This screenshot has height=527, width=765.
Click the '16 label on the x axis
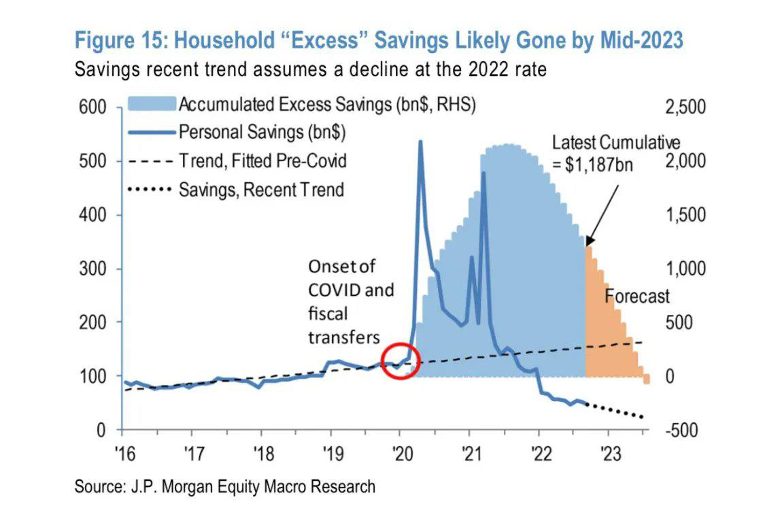[x=122, y=452]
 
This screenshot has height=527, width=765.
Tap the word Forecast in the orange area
[x=637, y=296]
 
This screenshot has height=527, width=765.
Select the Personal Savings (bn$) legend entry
[x=262, y=132]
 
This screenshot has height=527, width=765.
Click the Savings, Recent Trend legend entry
[x=261, y=189]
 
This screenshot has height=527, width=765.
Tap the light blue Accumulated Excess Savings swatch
[x=151, y=104]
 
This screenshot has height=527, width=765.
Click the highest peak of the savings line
[x=420, y=142]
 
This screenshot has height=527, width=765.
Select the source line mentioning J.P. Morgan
[x=224, y=486]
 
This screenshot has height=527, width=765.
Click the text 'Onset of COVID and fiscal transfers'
[x=351, y=301]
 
